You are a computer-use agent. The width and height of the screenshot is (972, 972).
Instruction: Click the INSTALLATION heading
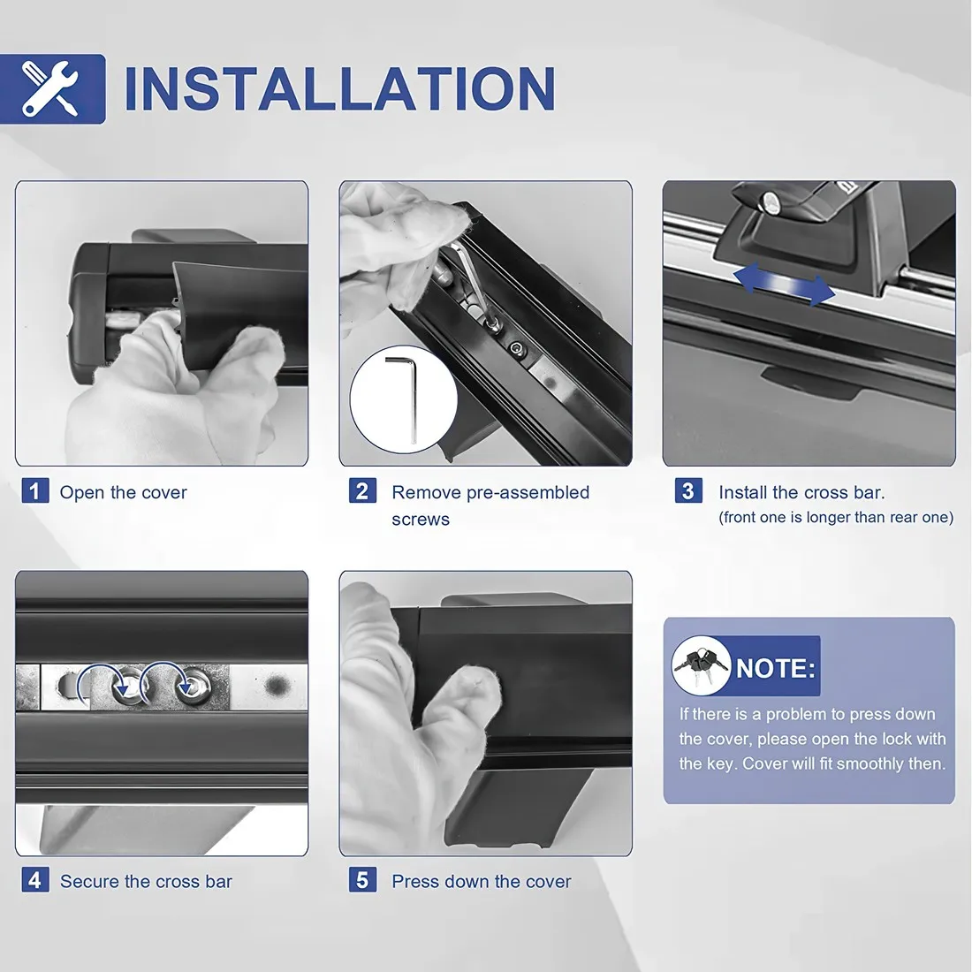[x=339, y=88]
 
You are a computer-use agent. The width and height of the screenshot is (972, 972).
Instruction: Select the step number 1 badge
[x=34, y=491]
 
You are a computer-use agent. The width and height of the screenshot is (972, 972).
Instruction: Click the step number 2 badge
[x=362, y=490]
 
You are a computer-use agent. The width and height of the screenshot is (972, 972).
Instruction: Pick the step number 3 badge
[x=688, y=490]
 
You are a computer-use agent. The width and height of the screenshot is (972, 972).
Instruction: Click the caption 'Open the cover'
[x=124, y=492]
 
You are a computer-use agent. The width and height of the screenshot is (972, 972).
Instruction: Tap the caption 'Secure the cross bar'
[x=147, y=882]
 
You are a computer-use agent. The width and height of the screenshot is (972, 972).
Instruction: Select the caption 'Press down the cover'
[x=482, y=882]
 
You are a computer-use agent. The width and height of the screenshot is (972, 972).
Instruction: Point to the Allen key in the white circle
[x=403, y=397]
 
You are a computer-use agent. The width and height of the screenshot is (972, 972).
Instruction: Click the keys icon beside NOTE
[x=701, y=664]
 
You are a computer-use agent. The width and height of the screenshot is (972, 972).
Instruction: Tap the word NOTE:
[x=776, y=668]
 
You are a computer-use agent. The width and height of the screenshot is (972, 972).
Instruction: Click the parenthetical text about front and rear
[x=836, y=517]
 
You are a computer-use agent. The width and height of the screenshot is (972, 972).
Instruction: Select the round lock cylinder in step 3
[x=771, y=201]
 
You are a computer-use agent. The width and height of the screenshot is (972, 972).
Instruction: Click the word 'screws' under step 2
[x=421, y=520]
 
